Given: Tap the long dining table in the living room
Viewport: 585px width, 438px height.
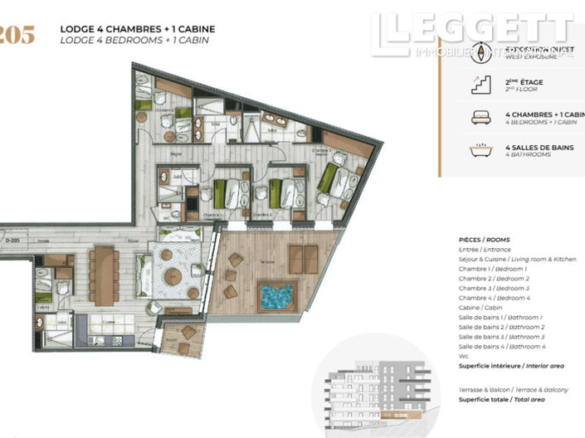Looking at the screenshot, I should [104, 275].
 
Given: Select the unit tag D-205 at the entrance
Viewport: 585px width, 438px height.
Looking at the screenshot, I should [12, 241].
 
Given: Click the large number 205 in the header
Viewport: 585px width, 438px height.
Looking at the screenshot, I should [17, 35].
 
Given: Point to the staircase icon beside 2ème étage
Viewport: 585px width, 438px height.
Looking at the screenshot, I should [480, 83].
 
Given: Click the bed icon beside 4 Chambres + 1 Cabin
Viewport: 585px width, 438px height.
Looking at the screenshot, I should [480, 116].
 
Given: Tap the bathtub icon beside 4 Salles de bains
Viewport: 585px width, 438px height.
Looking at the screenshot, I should [480, 150].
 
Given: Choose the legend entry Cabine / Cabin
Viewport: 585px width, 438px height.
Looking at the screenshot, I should [487, 309].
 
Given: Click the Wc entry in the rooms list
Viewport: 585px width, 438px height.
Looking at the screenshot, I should [464, 358].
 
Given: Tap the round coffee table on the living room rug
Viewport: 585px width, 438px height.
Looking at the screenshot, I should [173, 277].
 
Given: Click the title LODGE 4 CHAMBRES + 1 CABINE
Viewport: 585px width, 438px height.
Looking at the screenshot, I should [137, 30].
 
